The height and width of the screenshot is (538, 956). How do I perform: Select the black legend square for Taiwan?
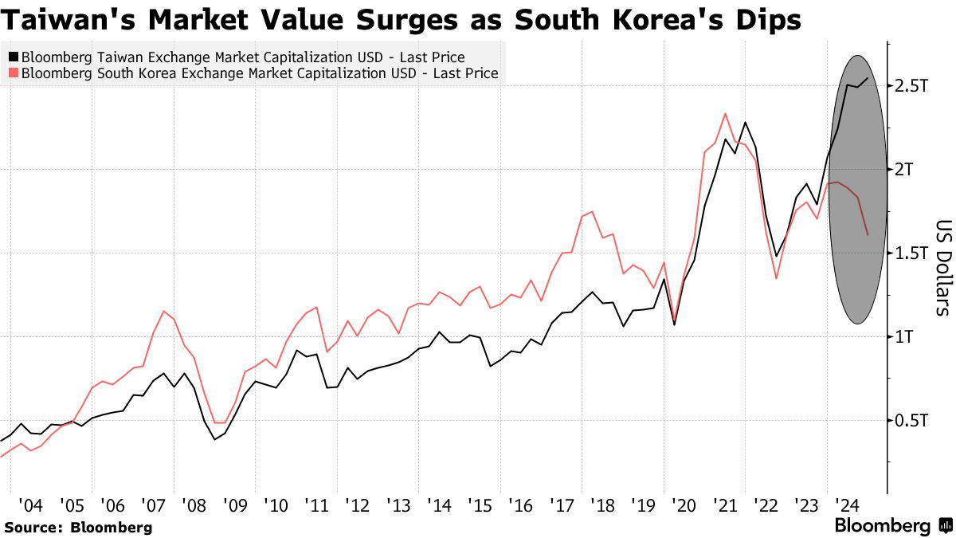pos(13,57)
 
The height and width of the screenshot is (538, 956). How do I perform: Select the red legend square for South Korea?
pos(13,73)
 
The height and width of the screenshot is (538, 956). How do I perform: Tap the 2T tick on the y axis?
pos(905,170)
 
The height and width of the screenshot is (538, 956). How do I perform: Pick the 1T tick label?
pos(905,337)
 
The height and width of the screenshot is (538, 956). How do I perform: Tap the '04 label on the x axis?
pos(31,505)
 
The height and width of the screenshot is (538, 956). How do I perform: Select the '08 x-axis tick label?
pos(194,505)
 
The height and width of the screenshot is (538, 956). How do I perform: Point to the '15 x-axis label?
pos(480,505)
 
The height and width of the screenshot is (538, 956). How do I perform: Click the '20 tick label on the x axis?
pos(684,505)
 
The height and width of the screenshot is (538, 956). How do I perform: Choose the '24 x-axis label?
pos(848,505)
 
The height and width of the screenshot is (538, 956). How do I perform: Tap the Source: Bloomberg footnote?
pos(78,528)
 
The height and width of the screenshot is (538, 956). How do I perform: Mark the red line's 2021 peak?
pos(725,113)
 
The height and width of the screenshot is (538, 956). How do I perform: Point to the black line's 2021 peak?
pos(745,123)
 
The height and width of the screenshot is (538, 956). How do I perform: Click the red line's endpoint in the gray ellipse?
pos(867,234)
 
